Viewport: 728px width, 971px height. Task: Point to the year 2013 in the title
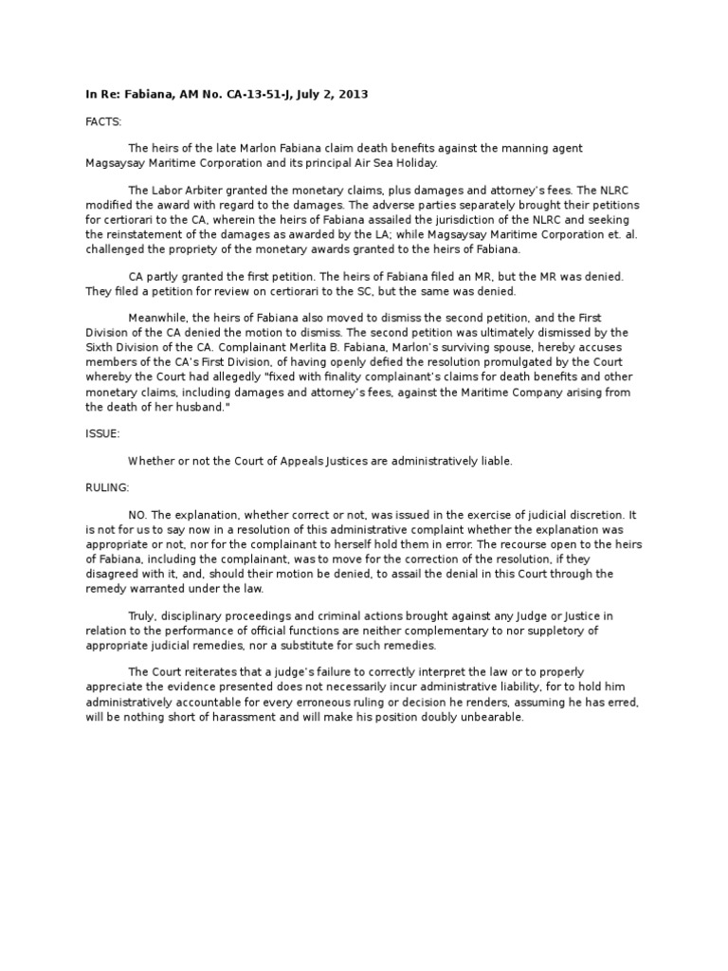(353, 95)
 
